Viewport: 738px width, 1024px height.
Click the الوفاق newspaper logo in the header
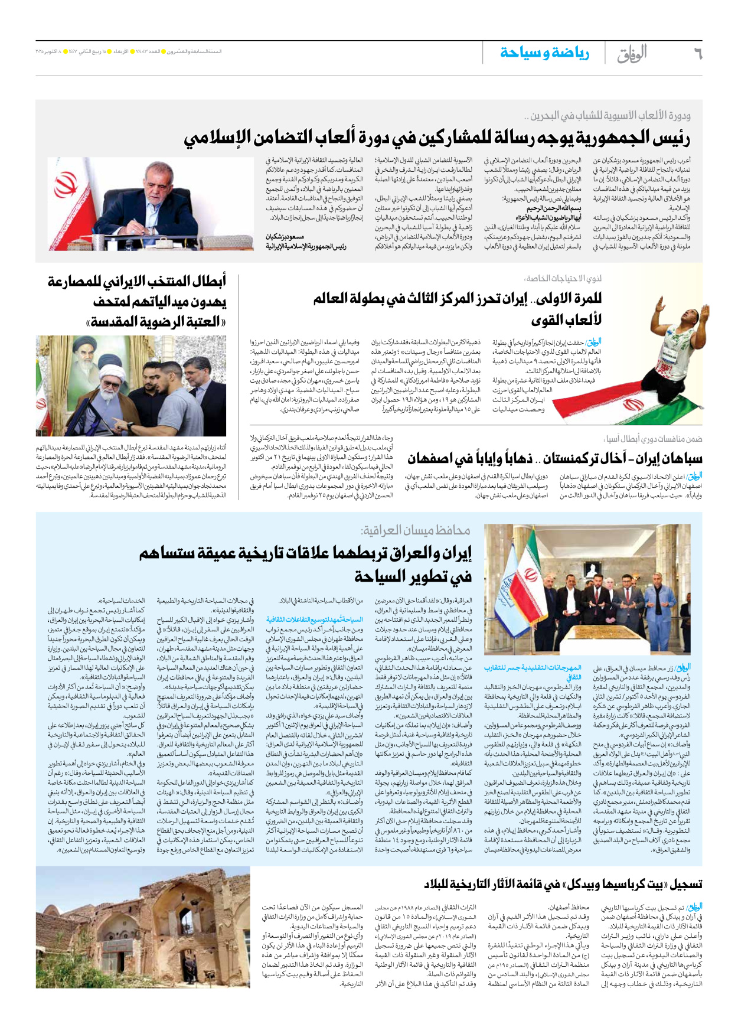[x=633, y=54]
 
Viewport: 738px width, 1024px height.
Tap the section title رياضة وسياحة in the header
[x=544, y=53]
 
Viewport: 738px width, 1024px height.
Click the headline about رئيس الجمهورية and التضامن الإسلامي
[x=437, y=139]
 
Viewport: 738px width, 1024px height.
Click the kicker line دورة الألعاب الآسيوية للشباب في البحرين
[x=610, y=116]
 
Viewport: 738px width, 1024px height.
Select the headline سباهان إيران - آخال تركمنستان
[x=555, y=459]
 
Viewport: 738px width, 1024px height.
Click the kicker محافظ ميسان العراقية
[x=416, y=530]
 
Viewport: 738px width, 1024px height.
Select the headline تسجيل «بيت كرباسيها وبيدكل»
[x=563, y=884]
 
